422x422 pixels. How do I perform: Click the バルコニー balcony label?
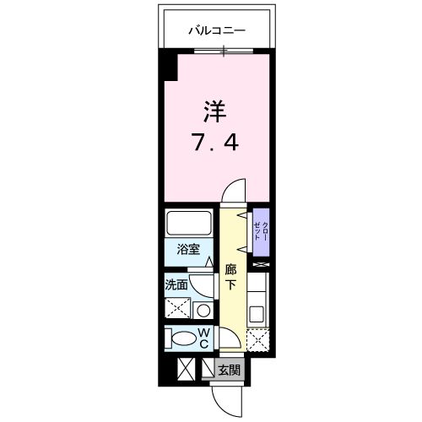coord(216,30)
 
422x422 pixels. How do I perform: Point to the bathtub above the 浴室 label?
coord(190,224)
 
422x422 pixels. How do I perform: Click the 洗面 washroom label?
coord(176,285)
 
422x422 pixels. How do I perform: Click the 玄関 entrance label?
coord(229,370)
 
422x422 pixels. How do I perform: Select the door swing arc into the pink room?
coord(234,190)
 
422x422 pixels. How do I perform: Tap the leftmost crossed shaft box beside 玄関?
coord(187,370)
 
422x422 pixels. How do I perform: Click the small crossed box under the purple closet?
coord(262,266)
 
